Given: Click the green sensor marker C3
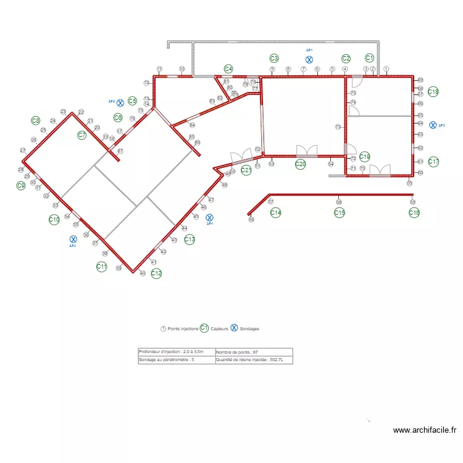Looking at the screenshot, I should (x=274, y=58).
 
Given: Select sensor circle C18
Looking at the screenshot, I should (x=433, y=91).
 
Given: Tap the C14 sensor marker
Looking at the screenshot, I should (x=276, y=212).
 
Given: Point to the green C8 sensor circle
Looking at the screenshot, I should (x=36, y=121).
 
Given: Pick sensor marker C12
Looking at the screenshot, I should (x=156, y=273).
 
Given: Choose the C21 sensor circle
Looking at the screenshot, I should (x=246, y=170).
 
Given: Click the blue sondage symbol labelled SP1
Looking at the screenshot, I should (x=309, y=59).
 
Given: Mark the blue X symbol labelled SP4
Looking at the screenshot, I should (x=209, y=217).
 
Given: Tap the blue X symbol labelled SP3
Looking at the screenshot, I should (x=73, y=238).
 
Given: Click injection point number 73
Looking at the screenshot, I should (x=338, y=127).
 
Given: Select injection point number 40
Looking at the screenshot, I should (x=143, y=273).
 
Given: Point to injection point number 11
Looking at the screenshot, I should (x=159, y=69).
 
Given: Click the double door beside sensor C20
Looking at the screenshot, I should (x=307, y=151).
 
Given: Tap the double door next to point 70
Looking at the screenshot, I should (x=380, y=170).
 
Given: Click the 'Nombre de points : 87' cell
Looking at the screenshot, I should (x=253, y=352).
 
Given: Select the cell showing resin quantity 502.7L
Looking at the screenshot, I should (x=253, y=360).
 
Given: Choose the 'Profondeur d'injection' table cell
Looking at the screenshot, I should (x=176, y=352).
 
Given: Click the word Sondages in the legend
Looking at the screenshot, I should (x=249, y=329).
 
